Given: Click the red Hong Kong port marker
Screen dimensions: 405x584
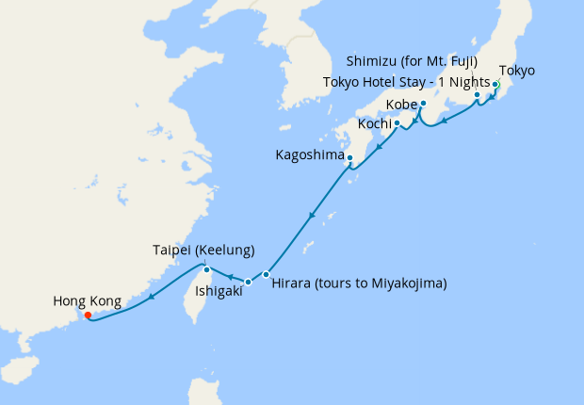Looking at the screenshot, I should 88,316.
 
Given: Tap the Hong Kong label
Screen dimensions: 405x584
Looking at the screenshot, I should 87,301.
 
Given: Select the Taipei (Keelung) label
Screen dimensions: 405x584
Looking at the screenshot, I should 203,251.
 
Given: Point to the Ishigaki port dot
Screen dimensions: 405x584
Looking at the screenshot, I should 248,282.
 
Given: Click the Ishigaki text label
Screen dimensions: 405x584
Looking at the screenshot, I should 219,292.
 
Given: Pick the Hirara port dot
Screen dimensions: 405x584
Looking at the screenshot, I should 267,274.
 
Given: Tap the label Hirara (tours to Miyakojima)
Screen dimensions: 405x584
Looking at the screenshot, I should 358,283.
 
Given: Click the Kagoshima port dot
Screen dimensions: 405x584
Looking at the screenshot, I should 349,157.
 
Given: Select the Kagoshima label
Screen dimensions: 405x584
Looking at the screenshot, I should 308,154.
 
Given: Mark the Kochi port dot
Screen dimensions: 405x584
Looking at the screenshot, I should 397,122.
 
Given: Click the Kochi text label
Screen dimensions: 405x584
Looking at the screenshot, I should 374,124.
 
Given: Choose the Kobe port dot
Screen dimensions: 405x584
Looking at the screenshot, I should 424,103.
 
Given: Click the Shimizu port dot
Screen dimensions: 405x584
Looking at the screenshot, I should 478,94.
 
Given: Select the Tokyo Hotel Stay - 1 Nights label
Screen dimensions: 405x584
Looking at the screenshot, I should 405,81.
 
